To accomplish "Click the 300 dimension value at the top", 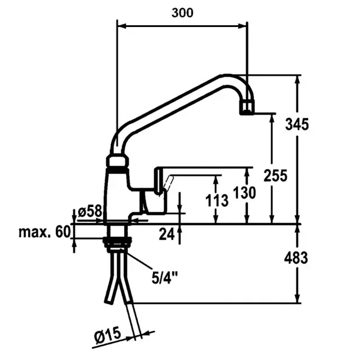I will [x=182, y=12].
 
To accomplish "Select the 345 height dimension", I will [x=296, y=124].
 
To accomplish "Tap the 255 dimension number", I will [x=276, y=175].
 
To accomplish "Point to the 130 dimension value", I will [x=245, y=193].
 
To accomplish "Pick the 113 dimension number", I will [x=217, y=199].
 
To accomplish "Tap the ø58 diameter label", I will [x=89, y=211].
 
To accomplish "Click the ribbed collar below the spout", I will [x=118, y=162].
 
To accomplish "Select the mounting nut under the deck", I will [x=117, y=242].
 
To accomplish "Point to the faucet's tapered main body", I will [x=117, y=194].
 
